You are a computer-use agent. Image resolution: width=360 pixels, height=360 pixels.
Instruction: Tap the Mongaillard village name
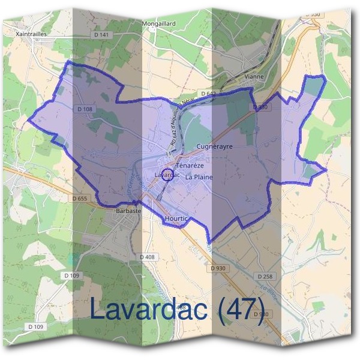coord(158,23)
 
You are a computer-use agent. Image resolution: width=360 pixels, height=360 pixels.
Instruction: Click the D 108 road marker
coord(86,109)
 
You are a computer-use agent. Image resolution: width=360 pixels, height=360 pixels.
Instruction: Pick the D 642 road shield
coord(208,94)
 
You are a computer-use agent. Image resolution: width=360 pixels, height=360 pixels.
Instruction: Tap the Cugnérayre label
coord(214,146)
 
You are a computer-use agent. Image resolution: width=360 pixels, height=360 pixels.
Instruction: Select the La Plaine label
coord(199,177)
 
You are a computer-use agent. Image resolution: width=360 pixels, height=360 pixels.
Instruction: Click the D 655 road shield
coord(79,198)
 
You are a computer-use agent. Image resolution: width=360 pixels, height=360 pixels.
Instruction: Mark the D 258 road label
coord(265,277)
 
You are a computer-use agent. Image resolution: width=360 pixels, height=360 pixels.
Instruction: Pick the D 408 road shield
coord(148,257)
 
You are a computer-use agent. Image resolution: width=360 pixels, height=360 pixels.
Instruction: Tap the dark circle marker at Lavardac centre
coord(168,175)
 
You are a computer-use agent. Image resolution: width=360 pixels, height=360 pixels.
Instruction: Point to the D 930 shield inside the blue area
coord(259,106)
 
